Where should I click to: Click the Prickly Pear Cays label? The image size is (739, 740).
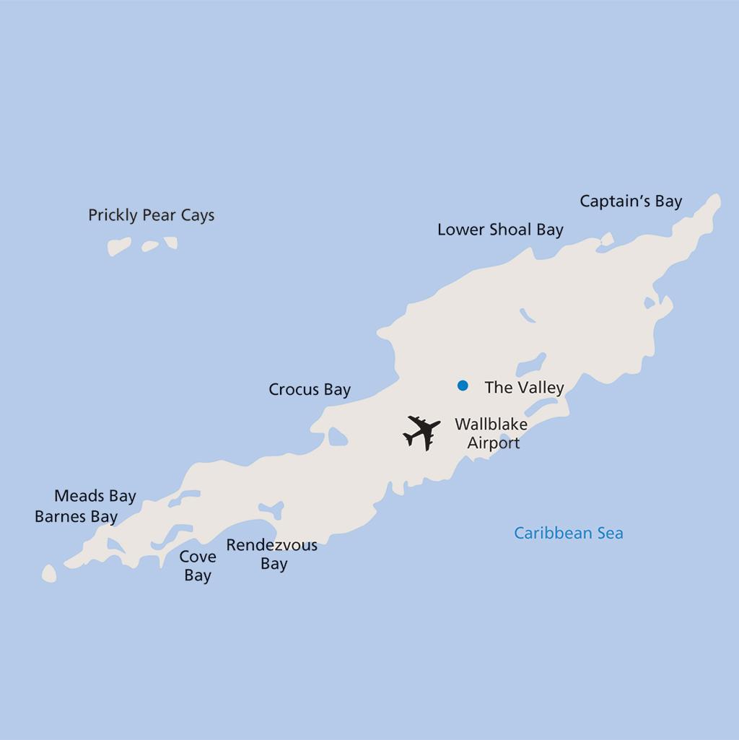coord(151,215)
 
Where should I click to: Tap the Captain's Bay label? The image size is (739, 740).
coord(631,201)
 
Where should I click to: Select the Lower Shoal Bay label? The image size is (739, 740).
coord(500,230)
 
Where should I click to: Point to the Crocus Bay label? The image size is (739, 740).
coord(310,390)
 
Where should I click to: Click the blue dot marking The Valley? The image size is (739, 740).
coord(463,386)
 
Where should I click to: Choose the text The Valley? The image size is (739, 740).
coord(524,388)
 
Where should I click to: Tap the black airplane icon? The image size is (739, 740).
coord(422,432)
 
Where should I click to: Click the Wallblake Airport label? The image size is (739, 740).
coord(491,433)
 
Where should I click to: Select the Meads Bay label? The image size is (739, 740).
coord(95,496)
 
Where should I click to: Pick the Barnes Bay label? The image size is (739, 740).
coord(76,517)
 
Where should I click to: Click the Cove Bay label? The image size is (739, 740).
coord(198,566)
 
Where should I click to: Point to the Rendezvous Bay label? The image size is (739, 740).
coord(272,554)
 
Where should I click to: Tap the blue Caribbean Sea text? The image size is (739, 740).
coord(568,534)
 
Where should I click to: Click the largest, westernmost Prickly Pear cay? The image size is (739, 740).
coord(119,247)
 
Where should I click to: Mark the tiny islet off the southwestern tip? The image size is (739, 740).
coord(49,574)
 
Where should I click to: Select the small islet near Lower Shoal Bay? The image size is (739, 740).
coord(607,239)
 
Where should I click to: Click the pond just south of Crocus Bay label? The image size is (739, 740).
coord(337,437)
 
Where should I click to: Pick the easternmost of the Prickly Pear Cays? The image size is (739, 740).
coord(171,243)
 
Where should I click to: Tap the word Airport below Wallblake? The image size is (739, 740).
coord(494,443)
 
